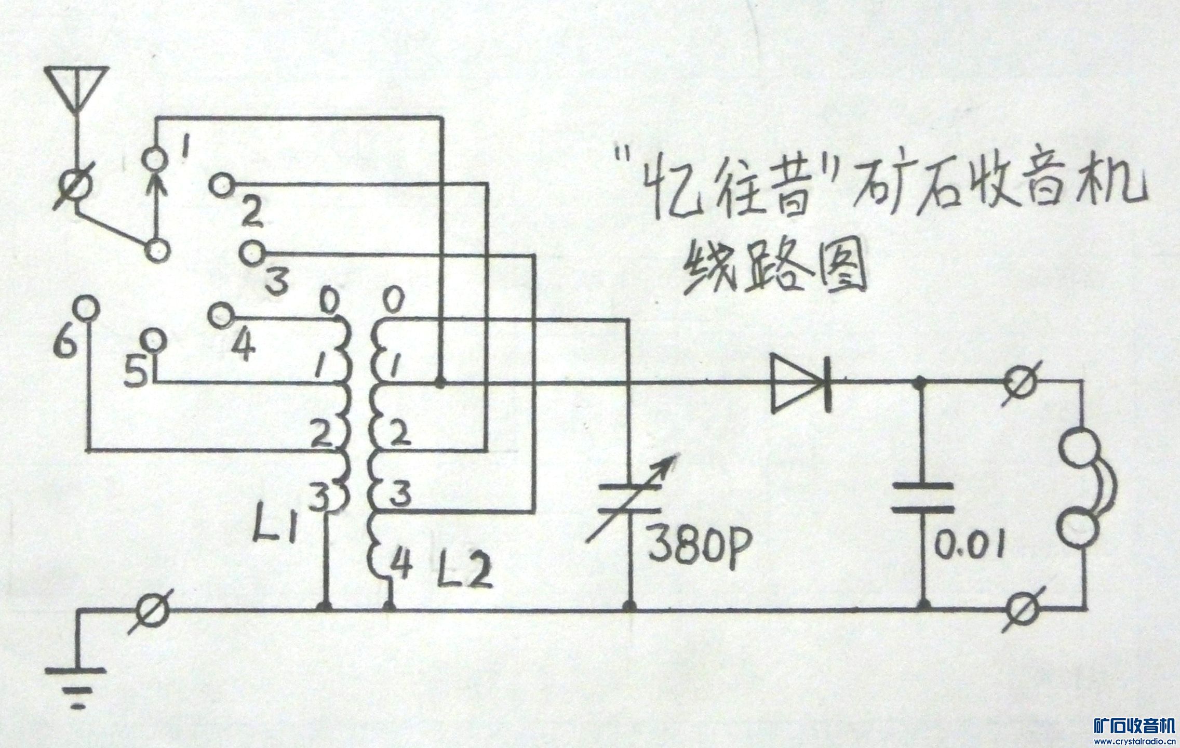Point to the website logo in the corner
click(x=1127, y=729)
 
